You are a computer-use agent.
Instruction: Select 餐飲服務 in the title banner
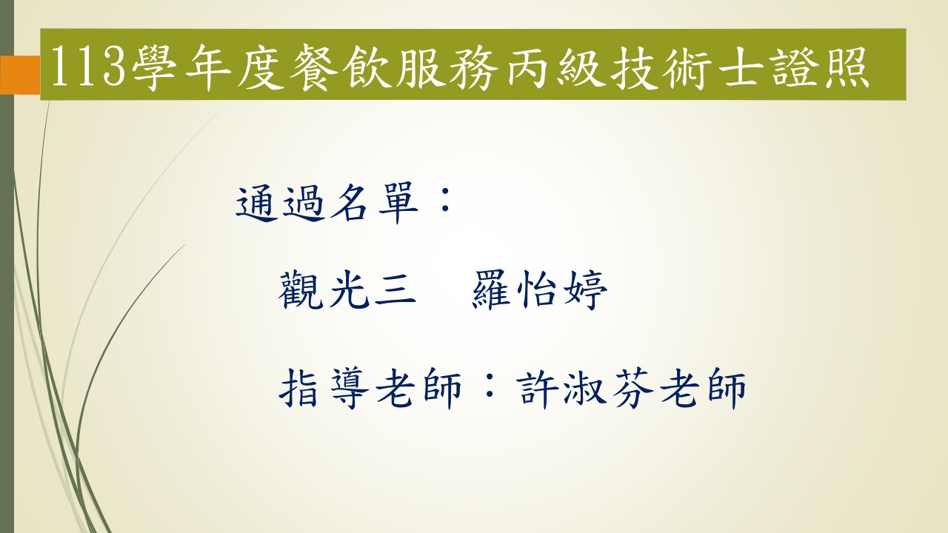pyautogui.click(x=393, y=67)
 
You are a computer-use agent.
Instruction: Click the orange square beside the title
pyautogui.click(x=20, y=75)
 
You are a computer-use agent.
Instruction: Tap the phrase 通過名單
pyautogui.click(x=327, y=203)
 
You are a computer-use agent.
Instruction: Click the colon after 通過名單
pyautogui.click(x=445, y=200)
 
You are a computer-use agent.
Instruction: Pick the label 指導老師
pyautogui.click(x=370, y=388)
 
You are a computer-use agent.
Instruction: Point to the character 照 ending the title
pyautogui.click(x=846, y=67)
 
